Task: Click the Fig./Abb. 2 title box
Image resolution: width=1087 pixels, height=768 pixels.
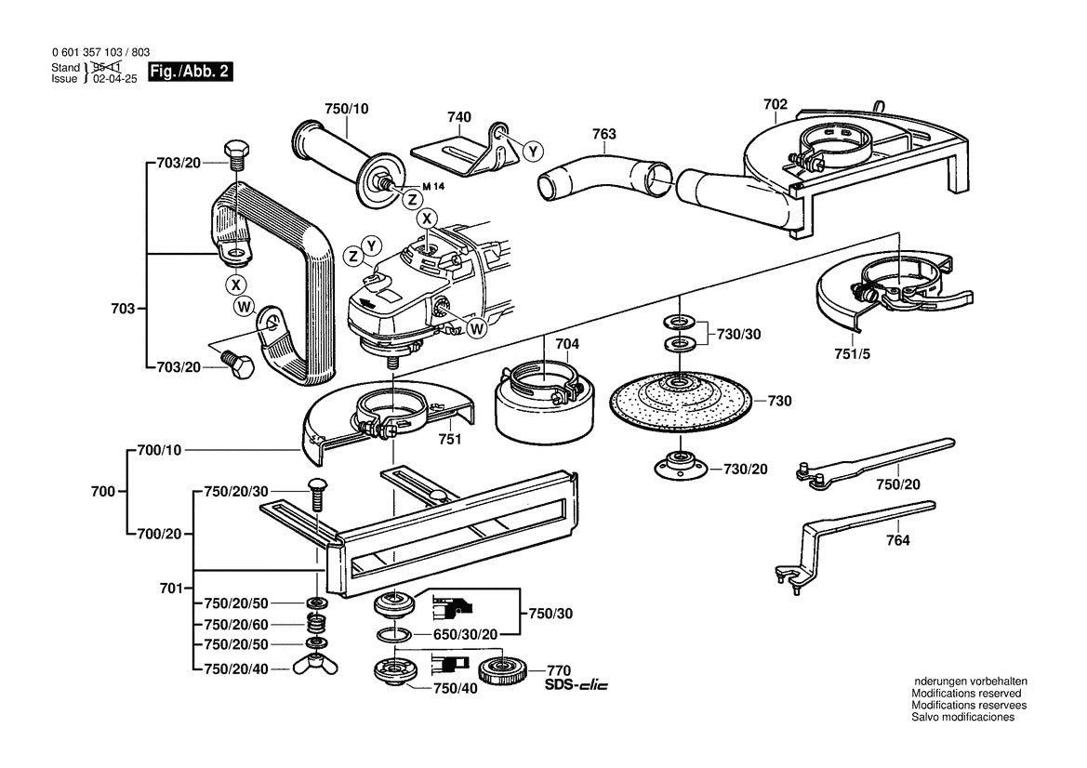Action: pyautogui.click(x=191, y=72)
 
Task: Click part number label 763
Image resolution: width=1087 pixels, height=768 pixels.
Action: pyautogui.click(x=603, y=134)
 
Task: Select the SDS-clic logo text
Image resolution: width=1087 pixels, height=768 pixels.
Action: pyautogui.click(x=577, y=685)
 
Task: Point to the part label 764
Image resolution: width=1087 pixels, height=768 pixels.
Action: pyautogui.click(x=897, y=540)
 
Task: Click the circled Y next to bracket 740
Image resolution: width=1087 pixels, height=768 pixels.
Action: pyautogui.click(x=533, y=152)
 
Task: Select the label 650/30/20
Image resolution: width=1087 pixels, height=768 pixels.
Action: pyautogui.click(x=465, y=634)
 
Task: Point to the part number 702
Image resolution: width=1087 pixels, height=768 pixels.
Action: pyautogui.click(x=775, y=105)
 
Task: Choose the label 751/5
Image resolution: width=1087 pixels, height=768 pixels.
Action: pyautogui.click(x=852, y=354)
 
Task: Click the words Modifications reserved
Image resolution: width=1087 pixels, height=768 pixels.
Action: pyautogui.click(x=966, y=693)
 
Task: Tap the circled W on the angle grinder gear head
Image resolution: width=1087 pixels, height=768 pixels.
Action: pyautogui.click(x=476, y=329)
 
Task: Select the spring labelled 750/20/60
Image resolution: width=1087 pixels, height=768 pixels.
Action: pyautogui.click(x=316, y=624)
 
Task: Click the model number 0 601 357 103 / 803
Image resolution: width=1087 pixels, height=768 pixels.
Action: pyautogui.click(x=100, y=52)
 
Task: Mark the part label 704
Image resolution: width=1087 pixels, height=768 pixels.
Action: pyautogui.click(x=567, y=344)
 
